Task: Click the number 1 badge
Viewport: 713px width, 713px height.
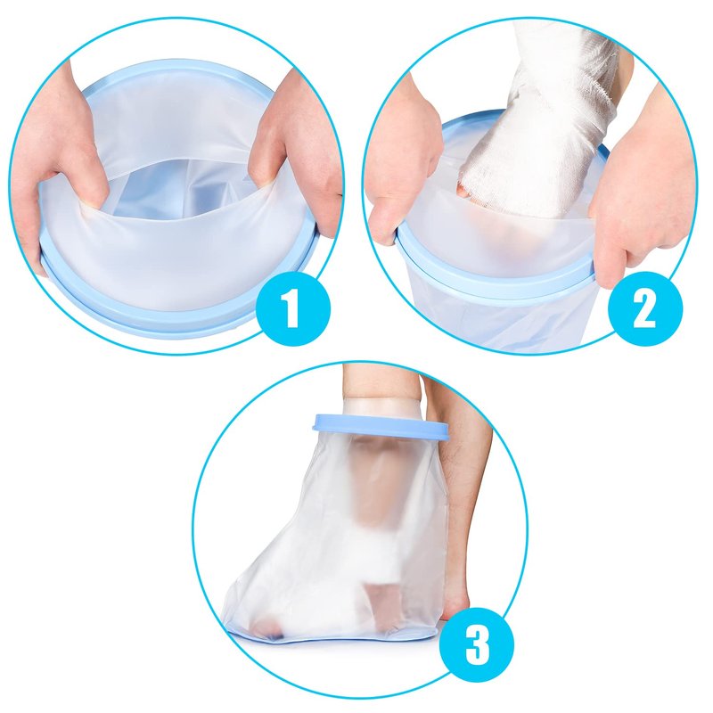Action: pyautogui.click(x=293, y=307)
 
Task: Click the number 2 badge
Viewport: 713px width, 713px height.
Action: pyautogui.click(x=645, y=307)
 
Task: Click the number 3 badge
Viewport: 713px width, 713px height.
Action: pyautogui.click(x=478, y=643)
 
